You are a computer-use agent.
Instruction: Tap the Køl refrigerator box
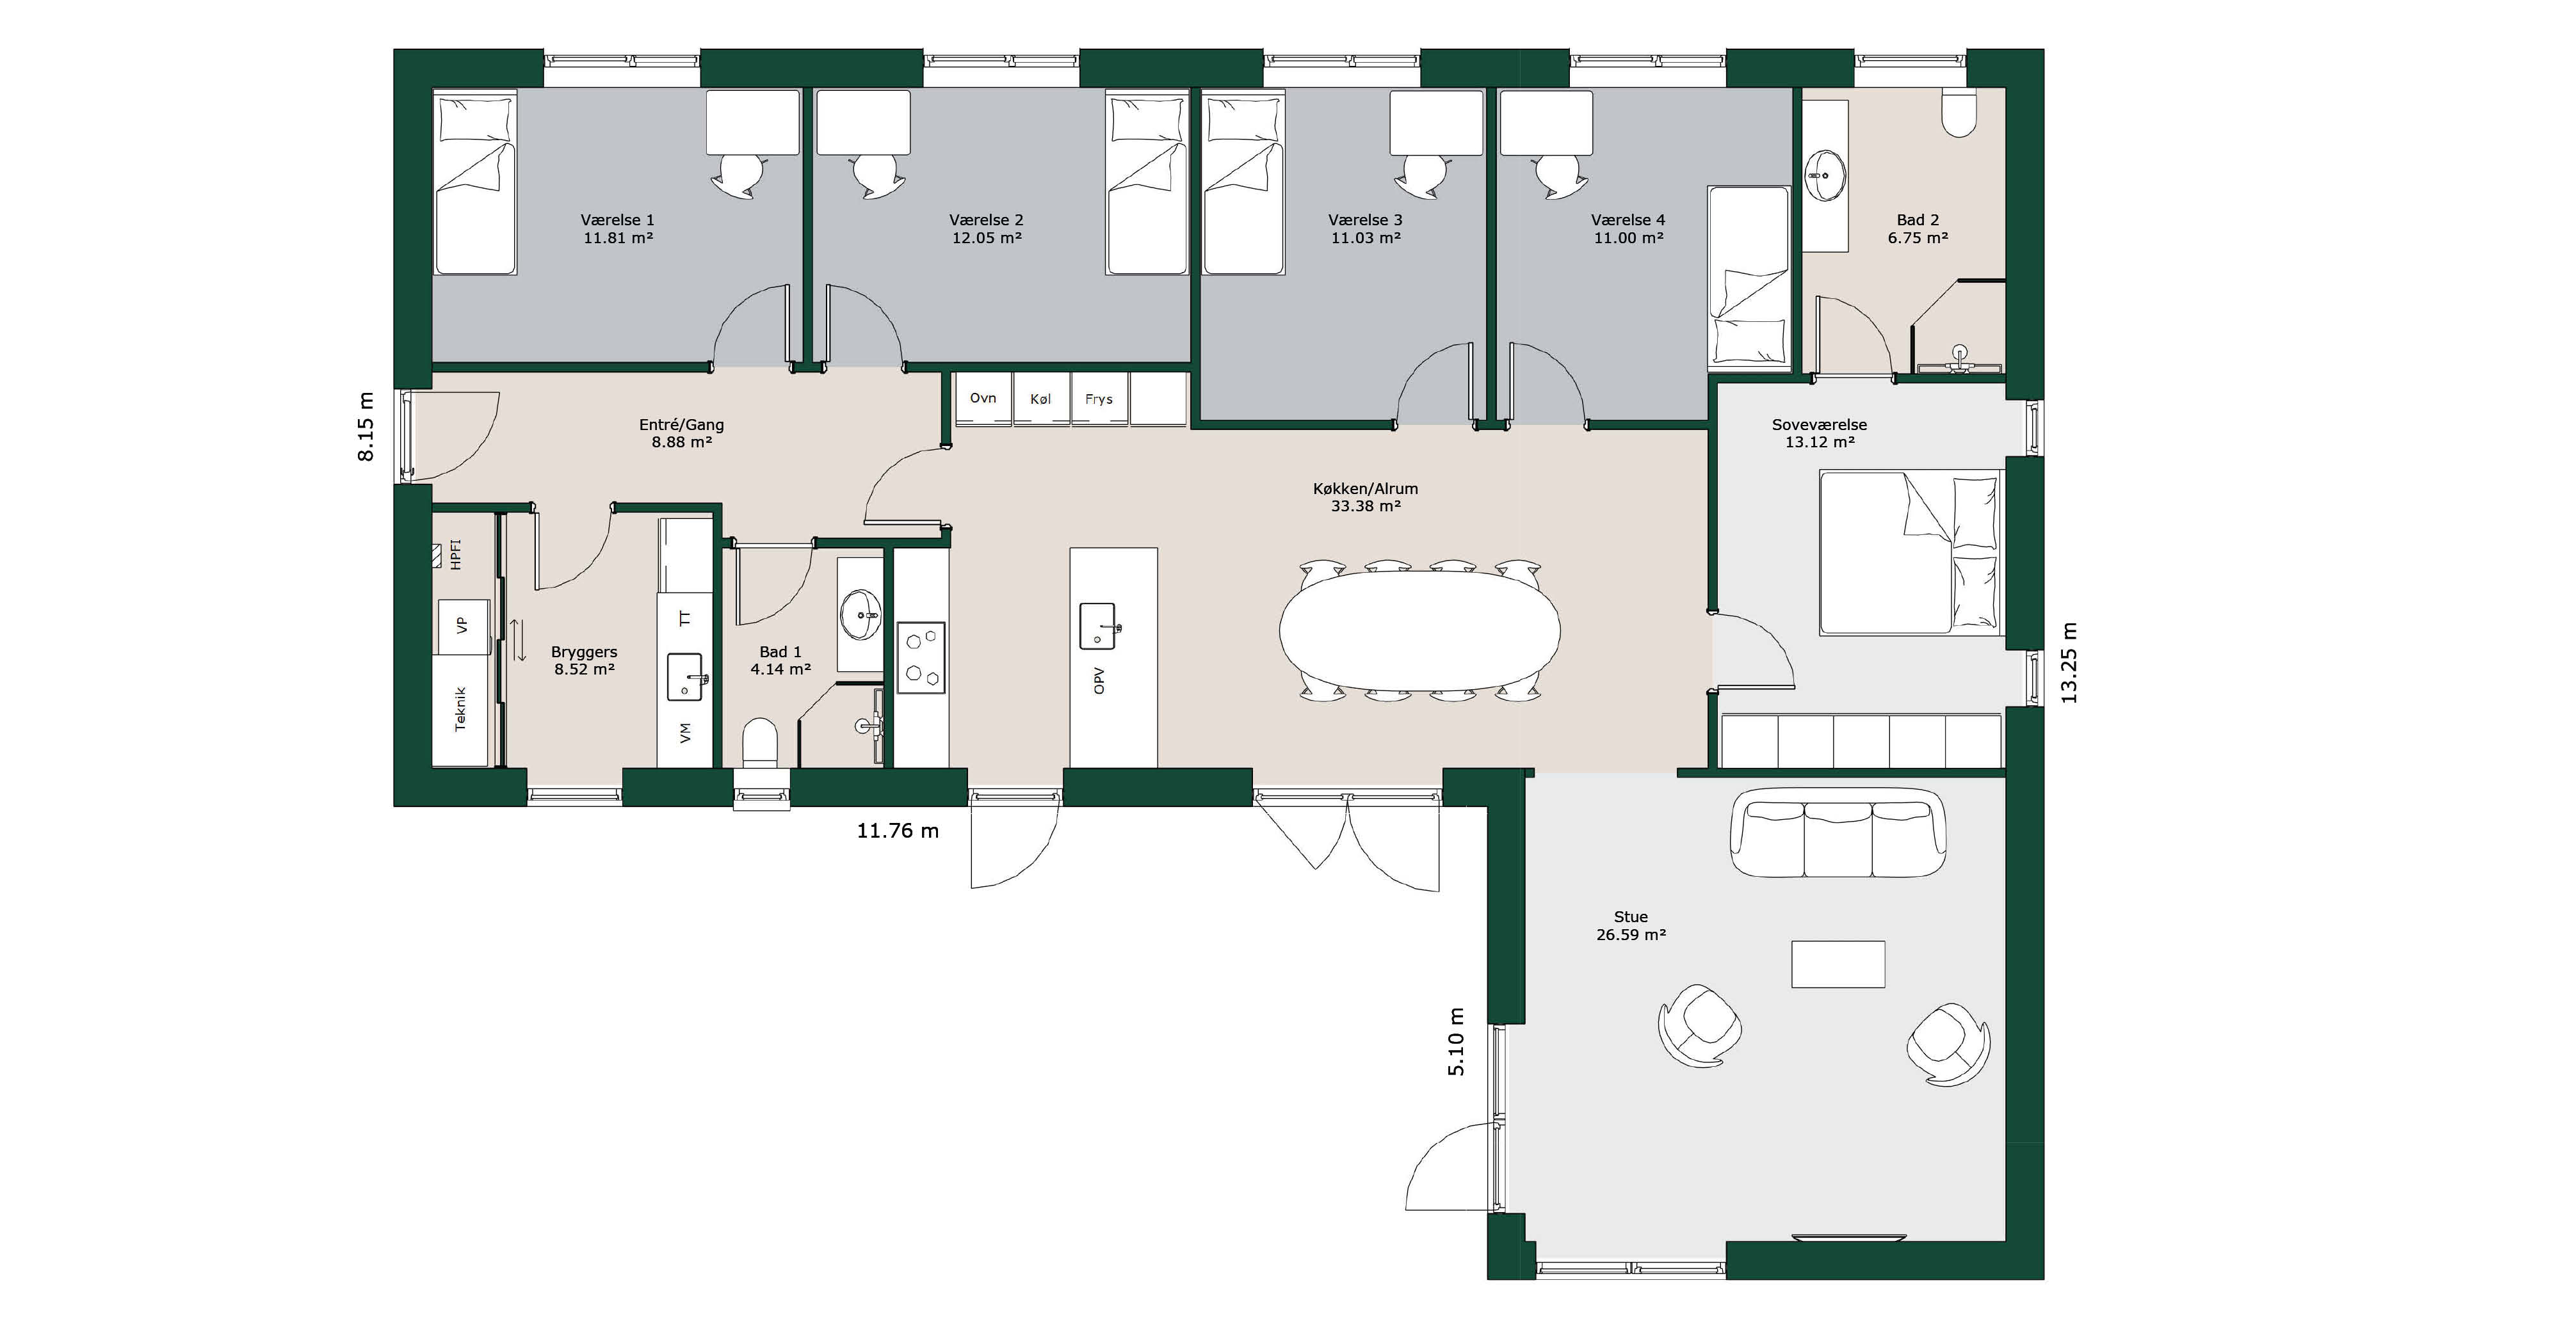1041,399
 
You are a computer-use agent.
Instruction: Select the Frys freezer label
1099,399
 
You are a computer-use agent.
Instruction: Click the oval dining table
1419,630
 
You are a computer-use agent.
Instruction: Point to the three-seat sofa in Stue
1838,833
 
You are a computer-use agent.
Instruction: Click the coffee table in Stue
1838,964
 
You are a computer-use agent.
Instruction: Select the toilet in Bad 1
761,742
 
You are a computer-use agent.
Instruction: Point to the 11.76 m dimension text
898,831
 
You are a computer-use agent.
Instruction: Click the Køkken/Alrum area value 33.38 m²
1366,506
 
